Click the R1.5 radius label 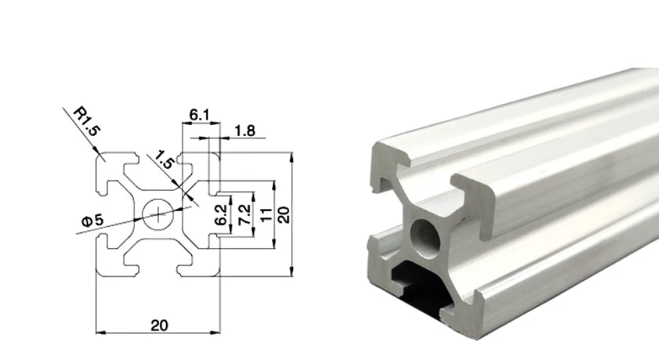pos(87,122)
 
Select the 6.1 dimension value pos(199,115)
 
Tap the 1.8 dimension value pos(244,130)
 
